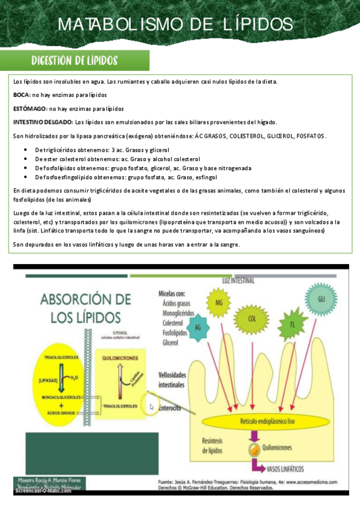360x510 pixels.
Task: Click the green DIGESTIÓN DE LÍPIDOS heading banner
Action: point(73,61)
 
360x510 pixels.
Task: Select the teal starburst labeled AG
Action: point(198,327)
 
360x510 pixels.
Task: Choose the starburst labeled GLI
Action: point(322,299)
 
